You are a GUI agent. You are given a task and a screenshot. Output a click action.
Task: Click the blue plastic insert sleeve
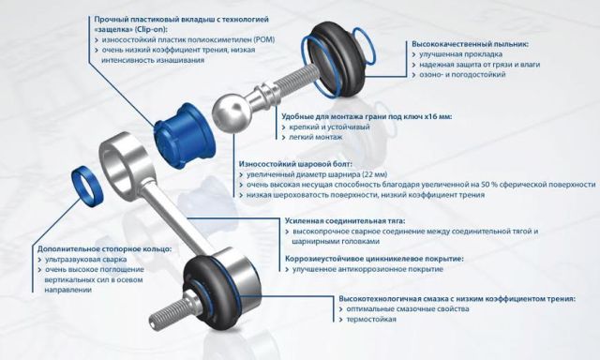(185, 136)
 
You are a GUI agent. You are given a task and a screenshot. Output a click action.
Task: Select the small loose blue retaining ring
(87, 187)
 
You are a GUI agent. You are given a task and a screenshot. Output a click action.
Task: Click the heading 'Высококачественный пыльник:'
(470, 44)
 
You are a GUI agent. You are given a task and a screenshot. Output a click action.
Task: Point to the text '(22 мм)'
(374, 174)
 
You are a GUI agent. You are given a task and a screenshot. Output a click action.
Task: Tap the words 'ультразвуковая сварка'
(85, 260)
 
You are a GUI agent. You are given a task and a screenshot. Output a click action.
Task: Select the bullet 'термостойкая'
(371, 319)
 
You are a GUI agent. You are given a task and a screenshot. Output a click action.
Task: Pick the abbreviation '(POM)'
(262, 39)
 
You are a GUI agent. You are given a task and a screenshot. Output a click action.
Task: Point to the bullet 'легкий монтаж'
(316, 137)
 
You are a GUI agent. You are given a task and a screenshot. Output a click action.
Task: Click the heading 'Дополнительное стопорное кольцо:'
(104, 249)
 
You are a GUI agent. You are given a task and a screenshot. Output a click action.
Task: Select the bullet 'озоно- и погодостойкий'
(462, 74)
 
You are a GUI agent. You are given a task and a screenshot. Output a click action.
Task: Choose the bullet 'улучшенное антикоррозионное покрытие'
(367, 269)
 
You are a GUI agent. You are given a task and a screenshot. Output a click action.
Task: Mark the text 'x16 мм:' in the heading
(438, 116)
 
